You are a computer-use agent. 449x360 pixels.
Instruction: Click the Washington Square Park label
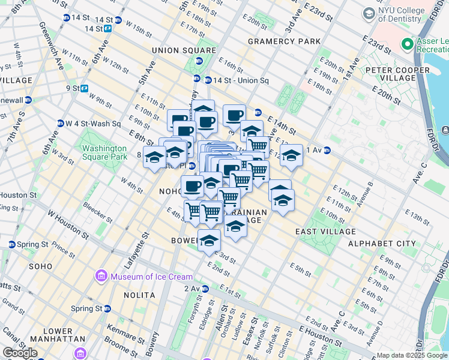tap(104, 152)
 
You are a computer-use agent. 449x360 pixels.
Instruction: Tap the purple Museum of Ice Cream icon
tap(100, 277)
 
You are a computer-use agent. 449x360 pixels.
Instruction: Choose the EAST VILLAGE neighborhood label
tap(321, 231)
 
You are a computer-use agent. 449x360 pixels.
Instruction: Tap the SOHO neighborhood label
tap(41, 266)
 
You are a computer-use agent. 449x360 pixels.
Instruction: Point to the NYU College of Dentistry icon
tap(367, 13)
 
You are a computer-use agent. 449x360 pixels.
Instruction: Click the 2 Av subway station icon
tap(205, 289)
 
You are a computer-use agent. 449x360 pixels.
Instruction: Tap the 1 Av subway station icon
tap(327, 150)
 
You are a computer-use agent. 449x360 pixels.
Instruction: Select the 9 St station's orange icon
tap(85, 88)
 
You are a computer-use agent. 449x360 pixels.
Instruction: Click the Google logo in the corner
tap(20, 353)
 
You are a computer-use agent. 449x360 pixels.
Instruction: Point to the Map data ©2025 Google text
tap(412, 355)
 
